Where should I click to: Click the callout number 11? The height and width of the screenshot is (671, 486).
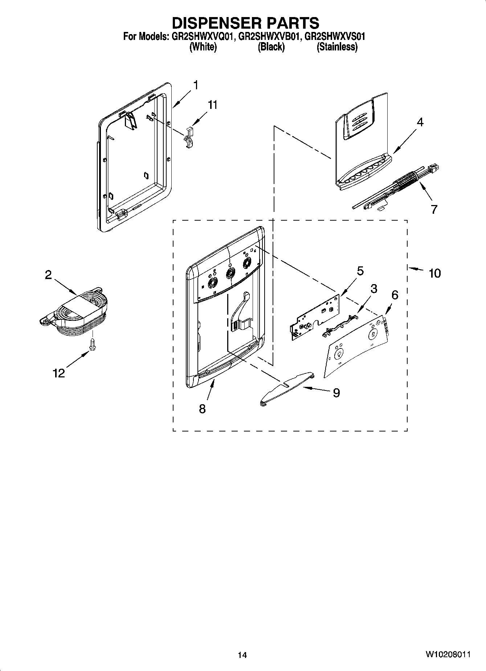coord(212,105)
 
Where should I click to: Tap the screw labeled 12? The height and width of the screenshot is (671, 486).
coord(92,343)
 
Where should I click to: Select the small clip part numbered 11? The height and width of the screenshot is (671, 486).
coord(189,138)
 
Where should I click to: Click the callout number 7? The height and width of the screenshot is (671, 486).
coord(434,209)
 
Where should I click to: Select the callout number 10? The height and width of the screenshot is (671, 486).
coord(434,273)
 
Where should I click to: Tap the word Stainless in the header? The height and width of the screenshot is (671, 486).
coord(337,47)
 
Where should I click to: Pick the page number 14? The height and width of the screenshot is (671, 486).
coord(242,655)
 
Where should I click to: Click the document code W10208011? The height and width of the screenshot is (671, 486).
coord(448,654)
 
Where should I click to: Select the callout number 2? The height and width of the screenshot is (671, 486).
coord(48,275)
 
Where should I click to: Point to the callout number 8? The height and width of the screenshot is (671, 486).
coord(202,409)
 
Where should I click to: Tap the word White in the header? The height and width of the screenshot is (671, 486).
coord(203,47)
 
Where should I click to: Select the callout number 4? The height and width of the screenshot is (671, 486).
coord(420,122)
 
